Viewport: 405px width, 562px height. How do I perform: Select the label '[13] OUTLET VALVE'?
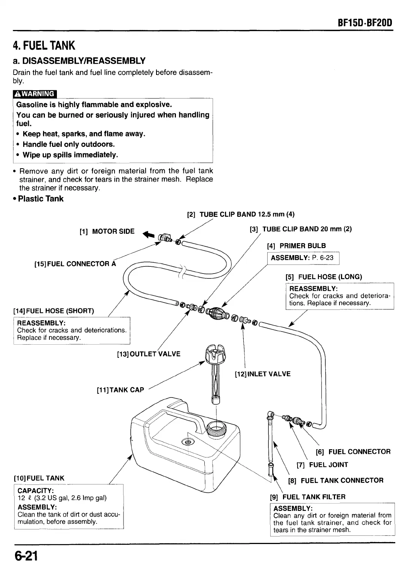(x=149, y=354)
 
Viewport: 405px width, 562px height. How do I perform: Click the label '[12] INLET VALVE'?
(x=262, y=374)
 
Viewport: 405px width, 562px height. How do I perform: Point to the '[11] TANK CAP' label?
(x=120, y=390)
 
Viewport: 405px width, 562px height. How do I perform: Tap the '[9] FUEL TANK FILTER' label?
(x=308, y=497)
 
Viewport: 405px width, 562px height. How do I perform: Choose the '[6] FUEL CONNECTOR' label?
(x=353, y=451)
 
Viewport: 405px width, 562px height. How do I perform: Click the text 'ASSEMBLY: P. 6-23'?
(x=302, y=258)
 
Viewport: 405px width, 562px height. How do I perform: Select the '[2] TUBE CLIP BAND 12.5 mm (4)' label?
(x=241, y=214)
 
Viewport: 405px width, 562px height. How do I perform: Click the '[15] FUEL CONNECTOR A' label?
(x=75, y=264)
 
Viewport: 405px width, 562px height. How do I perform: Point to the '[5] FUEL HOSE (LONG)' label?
(x=324, y=277)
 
